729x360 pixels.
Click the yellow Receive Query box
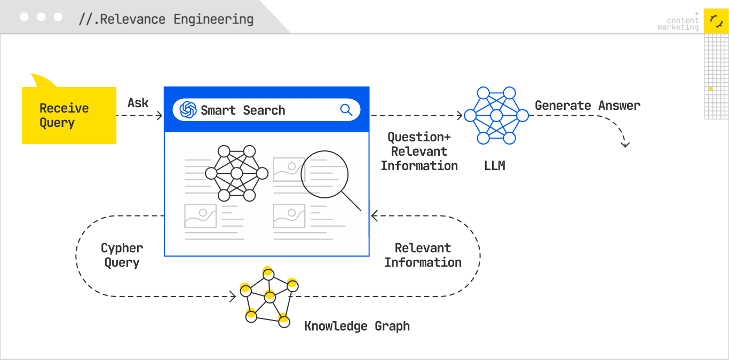click(x=69, y=115)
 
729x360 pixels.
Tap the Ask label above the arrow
click(x=138, y=102)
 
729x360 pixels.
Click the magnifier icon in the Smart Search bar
click(x=346, y=110)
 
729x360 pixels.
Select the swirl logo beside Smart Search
click(x=188, y=110)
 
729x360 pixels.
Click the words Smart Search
click(x=243, y=110)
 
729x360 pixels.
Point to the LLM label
click(x=494, y=166)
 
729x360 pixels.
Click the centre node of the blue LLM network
click(x=496, y=115)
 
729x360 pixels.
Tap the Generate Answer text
click(x=587, y=106)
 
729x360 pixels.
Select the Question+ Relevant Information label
click(x=419, y=151)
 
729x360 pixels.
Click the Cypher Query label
click(x=122, y=255)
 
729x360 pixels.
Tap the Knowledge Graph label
click(x=357, y=326)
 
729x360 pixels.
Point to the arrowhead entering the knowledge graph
click(x=233, y=297)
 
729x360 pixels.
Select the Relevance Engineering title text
click(x=166, y=20)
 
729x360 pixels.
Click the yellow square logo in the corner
click(x=716, y=21)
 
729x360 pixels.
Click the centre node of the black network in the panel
click(x=236, y=173)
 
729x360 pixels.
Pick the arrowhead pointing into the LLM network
click(x=460, y=115)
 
